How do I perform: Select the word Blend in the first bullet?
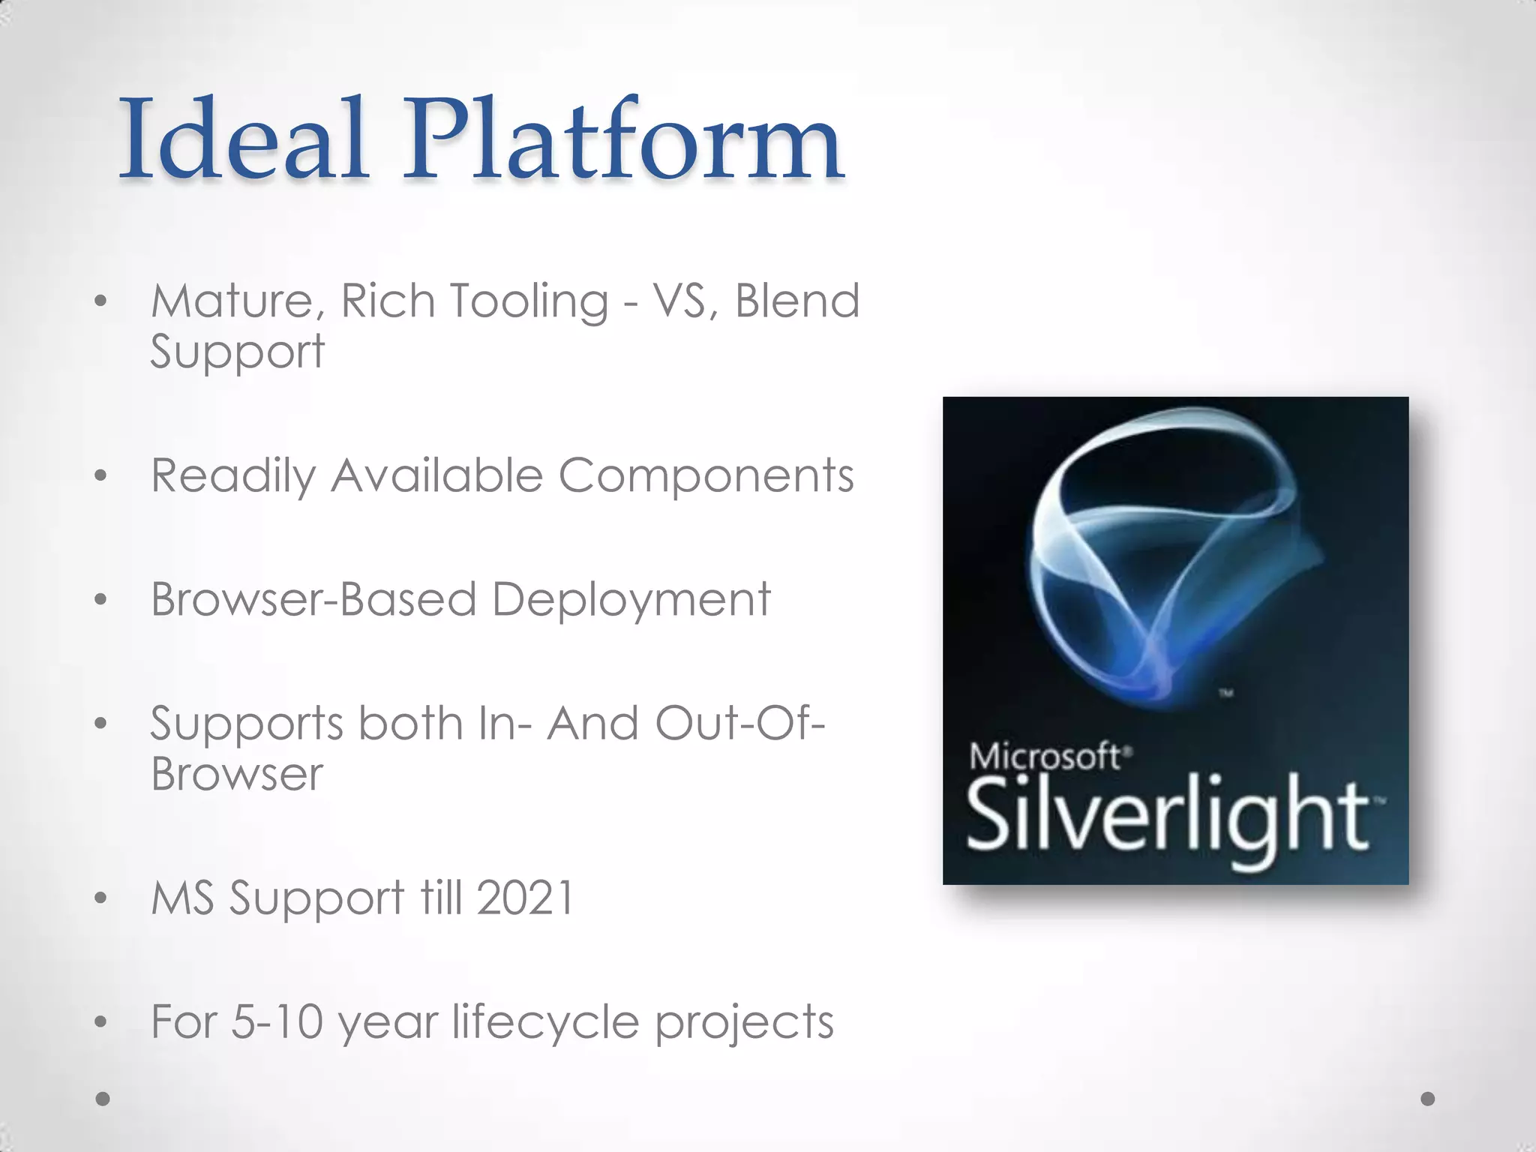(796, 301)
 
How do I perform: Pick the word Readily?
(233, 477)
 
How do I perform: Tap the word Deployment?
(631, 601)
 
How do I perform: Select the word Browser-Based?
(313, 599)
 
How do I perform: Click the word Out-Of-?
(739, 724)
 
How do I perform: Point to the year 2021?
(525, 898)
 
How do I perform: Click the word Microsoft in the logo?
(1045, 756)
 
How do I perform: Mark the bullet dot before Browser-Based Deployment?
(101, 599)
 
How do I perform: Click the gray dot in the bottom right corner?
(1427, 1099)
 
